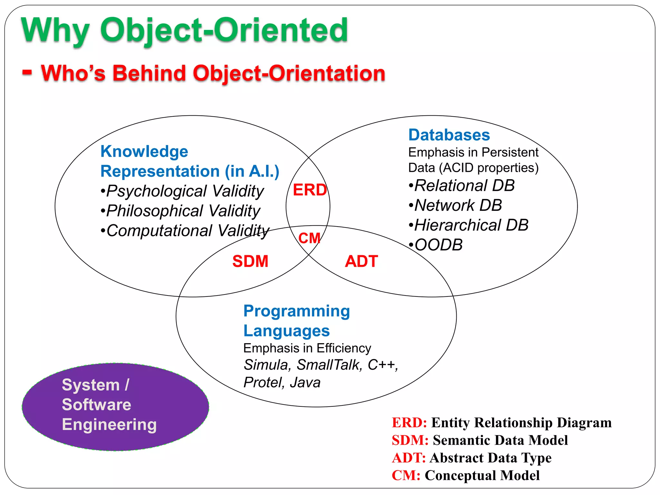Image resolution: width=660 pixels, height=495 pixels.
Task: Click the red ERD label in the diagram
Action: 310,190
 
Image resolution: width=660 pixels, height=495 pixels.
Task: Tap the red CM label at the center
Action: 309,238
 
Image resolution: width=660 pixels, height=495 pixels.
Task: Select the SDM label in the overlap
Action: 250,261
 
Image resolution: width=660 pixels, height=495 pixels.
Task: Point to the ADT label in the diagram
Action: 361,261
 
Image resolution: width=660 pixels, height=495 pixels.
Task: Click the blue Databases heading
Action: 449,135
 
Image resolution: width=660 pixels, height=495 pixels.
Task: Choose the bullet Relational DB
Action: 461,186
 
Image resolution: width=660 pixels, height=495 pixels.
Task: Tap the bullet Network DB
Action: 455,205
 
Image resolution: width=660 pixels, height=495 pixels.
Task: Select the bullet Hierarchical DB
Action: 468,225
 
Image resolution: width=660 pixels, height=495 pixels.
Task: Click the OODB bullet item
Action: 436,245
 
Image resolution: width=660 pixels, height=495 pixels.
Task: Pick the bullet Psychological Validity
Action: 182,191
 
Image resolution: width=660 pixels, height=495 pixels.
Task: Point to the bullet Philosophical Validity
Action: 180,211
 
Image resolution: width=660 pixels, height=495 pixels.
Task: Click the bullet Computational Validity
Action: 185,231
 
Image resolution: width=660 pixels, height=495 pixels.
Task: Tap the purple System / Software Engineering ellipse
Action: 115,407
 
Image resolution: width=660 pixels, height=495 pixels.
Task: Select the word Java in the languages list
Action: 305,383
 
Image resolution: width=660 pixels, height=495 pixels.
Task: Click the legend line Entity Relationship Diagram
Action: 501,422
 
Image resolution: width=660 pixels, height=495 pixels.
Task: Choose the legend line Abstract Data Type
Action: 471,458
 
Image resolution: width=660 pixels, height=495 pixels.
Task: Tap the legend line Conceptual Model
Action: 466,475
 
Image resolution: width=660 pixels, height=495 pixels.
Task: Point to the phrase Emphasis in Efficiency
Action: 307,348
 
